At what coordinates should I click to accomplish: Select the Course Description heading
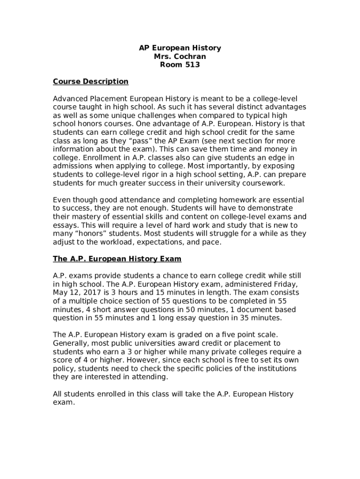pos(91,82)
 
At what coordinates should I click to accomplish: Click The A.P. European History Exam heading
pos(117,259)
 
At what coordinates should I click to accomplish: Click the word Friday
pos(279,284)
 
